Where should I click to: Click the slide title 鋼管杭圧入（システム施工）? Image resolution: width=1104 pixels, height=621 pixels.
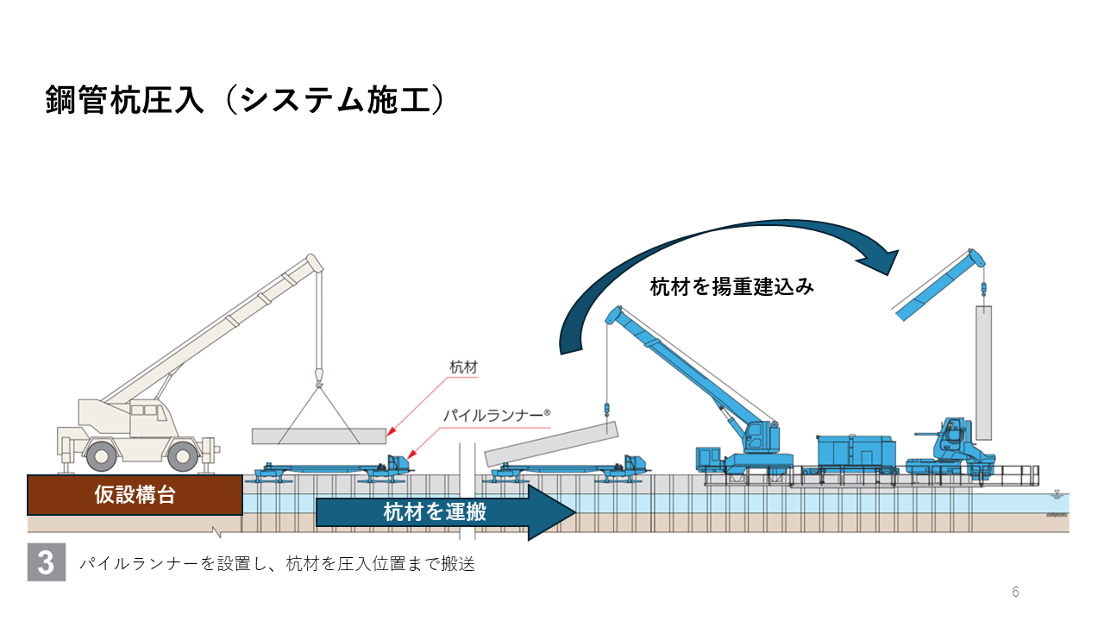click(x=245, y=100)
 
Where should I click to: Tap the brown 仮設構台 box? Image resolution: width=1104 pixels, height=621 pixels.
click(x=135, y=495)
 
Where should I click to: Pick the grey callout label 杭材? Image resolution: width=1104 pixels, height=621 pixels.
click(x=463, y=368)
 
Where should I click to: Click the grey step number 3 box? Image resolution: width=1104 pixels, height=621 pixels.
click(x=47, y=562)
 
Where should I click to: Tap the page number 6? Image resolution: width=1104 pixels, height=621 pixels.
click(x=1015, y=593)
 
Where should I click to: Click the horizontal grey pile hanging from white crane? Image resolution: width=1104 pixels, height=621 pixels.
click(x=318, y=436)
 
